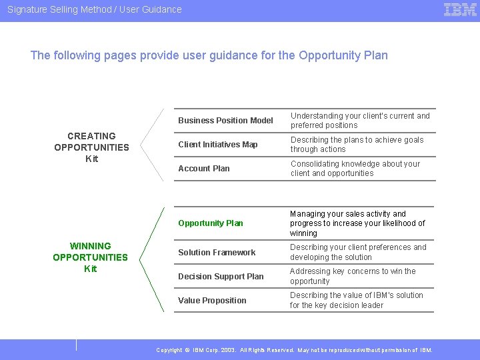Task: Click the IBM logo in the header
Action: point(460,9)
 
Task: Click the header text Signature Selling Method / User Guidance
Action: point(94,9)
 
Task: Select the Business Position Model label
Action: point(225,121)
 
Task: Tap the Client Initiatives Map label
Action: point(218,145)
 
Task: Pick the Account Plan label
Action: point(204,169)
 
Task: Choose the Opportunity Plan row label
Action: point(211,223)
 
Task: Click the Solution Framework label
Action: point(217,253)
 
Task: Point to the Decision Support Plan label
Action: point(221,277)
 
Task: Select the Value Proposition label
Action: point(212,301)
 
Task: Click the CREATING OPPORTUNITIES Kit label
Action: point(91,147)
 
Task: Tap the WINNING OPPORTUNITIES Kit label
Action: point(90,257)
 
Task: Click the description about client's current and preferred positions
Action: point(360,121)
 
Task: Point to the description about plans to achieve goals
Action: point(357,145)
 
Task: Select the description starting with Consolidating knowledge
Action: point(355,169)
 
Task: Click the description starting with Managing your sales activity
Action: point(357,223)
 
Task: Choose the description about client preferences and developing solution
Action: point(358,253)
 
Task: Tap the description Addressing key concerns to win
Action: point(353,277)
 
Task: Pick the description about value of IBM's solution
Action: point(357,301)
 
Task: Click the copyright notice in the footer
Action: point(294,350)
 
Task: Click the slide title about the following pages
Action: point(209,55)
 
